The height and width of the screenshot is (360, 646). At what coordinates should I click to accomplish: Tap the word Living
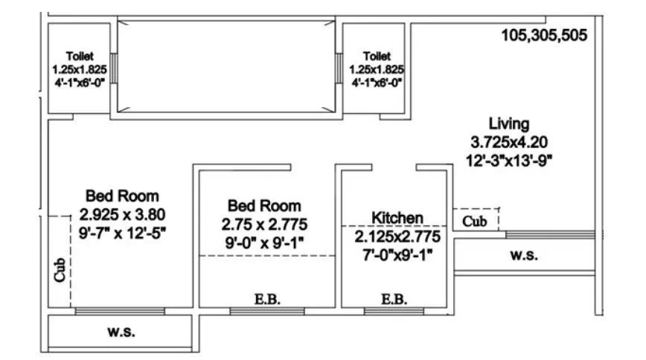(x=508, y=123)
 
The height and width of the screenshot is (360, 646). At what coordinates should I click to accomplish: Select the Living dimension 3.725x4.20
(x=510, y=141)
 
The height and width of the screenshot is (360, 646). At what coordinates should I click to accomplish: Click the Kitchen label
(x=397, y=218)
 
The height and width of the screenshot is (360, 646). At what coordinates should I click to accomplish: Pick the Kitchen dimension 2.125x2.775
(x=397, y=237)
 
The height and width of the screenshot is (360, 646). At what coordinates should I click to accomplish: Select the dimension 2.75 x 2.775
(x=264, y=224)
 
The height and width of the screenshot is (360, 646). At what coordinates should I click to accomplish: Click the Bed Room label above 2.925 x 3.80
(x=122, y=196)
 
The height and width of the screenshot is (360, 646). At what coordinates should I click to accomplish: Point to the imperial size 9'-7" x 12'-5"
(x=122, y=232)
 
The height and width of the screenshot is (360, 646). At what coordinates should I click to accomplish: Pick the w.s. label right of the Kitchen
(x=524, y=255)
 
